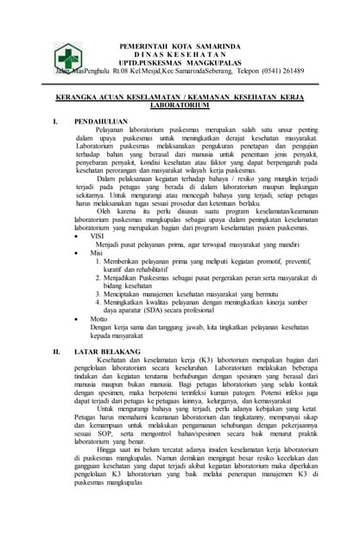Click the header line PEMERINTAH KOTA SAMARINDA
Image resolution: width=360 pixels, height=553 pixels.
[x=179, y=44]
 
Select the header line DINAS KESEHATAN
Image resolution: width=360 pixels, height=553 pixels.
[x=179, y=53]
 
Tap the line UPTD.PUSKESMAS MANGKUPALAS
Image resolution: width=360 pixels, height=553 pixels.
[x=179, y=61]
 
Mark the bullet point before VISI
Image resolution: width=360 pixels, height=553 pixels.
[x=79, y=234]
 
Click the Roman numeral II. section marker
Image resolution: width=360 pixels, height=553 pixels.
[x=56, y=352]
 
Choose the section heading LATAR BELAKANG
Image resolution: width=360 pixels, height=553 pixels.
[x=108, y=352]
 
